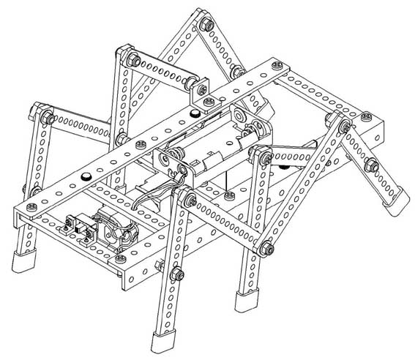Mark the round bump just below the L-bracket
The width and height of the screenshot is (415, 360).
click(x=193, y=113)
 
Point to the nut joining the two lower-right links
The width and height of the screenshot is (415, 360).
click(x=266, y=249)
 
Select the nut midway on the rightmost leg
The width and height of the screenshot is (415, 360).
click(x=374, y=165)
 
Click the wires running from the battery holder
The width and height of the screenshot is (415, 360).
click(x=146, y=198)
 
